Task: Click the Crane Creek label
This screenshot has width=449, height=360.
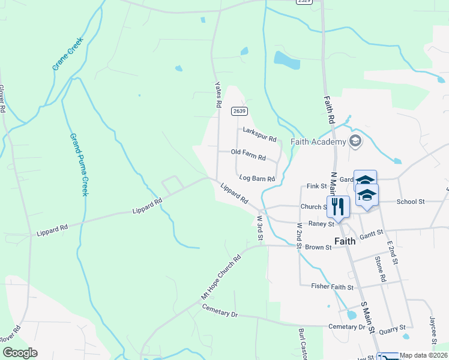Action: pos(68,54)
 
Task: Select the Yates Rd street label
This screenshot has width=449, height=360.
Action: pos(218,95)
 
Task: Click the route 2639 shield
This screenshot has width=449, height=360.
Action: pos(239,111)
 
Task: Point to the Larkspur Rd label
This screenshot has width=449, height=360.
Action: pos(259,134)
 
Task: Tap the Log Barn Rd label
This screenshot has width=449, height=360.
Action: pos(257,178)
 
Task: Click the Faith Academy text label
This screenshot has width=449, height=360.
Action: pos(319,142)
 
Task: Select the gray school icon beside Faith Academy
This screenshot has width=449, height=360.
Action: pos(355,140)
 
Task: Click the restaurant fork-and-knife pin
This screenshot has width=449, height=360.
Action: pos(337,206)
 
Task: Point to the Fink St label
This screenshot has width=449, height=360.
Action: pos(315,187)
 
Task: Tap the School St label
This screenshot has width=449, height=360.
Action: pos(411,202)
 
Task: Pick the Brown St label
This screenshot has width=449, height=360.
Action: pos(318,247)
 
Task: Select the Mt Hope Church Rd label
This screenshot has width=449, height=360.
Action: pos(221,277)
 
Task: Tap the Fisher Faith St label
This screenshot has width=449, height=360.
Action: pos(332,287)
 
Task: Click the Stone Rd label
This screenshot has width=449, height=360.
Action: pos(379,269)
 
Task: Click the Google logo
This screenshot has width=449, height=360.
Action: pos(20,353)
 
